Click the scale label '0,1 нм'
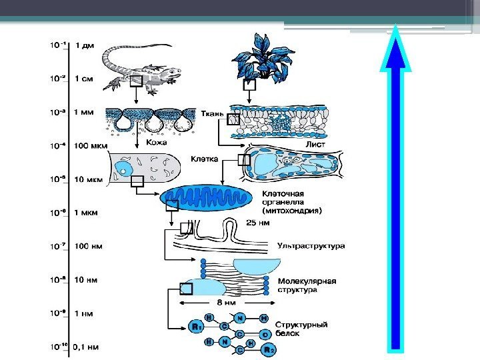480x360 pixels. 88,346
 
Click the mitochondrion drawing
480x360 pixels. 207,199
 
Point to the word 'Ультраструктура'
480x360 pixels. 311,245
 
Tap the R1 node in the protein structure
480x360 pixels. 196,327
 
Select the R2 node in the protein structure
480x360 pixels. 267,349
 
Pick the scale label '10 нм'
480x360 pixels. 87,280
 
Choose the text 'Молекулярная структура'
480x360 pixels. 306,285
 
